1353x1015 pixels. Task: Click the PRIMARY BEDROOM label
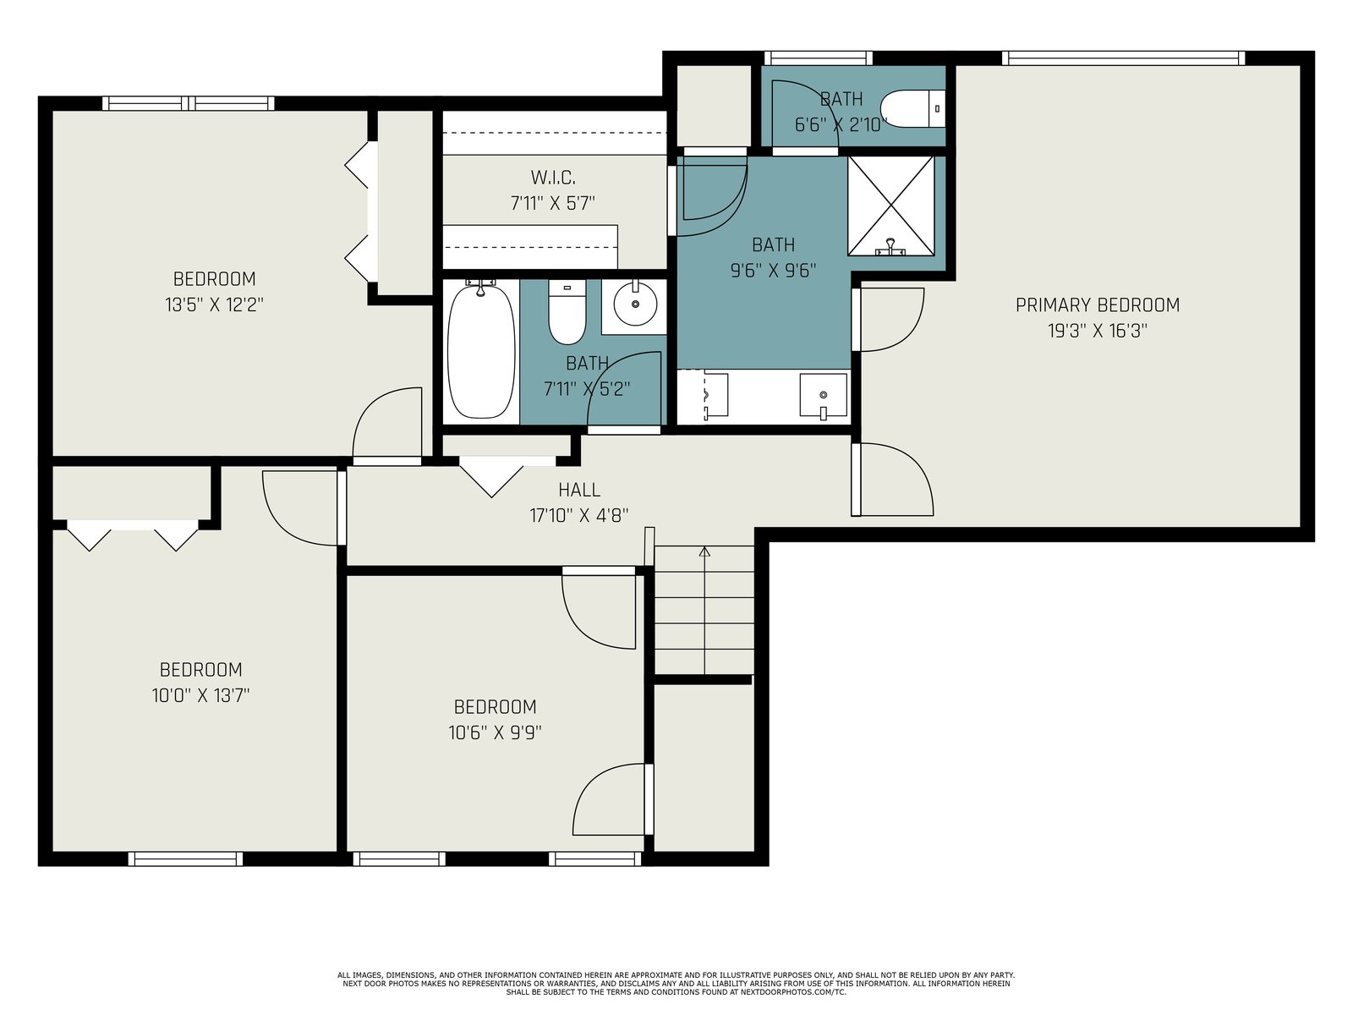(x=1097, y=305)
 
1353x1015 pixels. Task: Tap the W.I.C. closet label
(x=553, y=178)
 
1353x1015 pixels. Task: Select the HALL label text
(x=578, y=490)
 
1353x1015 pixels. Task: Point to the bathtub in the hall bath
(x=481, y=351)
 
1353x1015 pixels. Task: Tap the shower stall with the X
(x=890, y=206)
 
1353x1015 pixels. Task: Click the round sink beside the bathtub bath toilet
(x=635, y=304)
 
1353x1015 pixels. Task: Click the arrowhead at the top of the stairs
(x=704, y=551)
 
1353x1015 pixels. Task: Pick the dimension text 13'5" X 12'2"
(x=214, y=305)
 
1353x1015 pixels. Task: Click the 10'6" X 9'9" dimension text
(x=495, y=732)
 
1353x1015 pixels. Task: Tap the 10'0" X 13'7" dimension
(x=200, y=696)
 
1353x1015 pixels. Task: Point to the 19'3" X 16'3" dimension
(x=1097, y=331)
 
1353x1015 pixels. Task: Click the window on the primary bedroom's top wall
(x=1123, y=58)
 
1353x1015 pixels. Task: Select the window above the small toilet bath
(x=819, y=58)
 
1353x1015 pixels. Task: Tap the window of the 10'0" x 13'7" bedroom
(x=185, y=859)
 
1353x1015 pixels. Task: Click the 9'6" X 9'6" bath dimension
(x=773, y=271)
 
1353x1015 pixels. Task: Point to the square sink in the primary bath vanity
(x=823, y=395)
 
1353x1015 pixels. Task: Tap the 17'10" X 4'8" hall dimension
(x=578, y=515)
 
